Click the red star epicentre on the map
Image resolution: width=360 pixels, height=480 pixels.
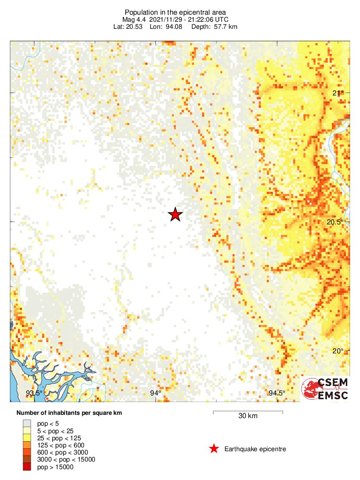(x=175, y=214)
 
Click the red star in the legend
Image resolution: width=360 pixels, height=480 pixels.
(x=214, y=449)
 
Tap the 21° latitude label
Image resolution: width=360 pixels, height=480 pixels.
(x=337, y=93)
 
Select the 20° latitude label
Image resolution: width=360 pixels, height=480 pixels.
(x=337, y=351)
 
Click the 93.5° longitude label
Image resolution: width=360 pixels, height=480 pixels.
(x=34, y=393)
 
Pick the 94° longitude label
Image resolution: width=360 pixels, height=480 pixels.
(x=155, y=393)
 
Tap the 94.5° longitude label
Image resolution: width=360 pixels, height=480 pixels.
(x=277, y=393)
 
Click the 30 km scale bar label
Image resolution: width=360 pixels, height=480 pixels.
(x=248, y=416)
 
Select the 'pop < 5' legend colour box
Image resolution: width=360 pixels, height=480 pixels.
(x=27, y=423)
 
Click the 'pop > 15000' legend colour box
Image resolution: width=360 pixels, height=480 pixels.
(x=27, y=467)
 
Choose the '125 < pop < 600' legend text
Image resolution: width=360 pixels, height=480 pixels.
(x=61, y=445)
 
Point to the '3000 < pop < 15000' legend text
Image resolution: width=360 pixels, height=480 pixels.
(x=66, y=460)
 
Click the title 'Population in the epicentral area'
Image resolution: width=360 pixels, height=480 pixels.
(x=175, y=12)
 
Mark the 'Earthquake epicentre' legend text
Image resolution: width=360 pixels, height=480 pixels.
(x=255, y=449)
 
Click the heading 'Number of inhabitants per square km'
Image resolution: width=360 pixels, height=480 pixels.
(x=69, y=413)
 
